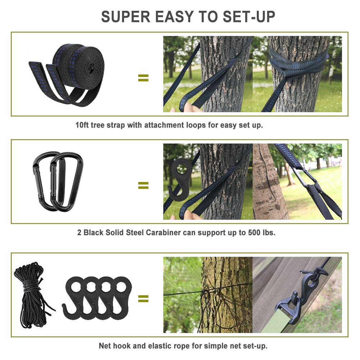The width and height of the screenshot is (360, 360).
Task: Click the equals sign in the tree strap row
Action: (x=143, y=78)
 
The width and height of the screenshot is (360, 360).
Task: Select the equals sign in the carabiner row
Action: (x=143, y=185)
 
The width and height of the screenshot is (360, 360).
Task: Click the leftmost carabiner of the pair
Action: (x=43, y=180)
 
